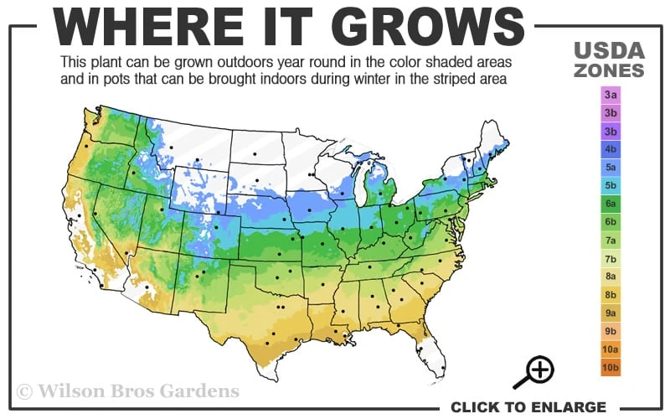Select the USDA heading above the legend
pyautogui.click(x=609, y=50)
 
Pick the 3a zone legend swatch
pyautogui.click(x=609, y=95)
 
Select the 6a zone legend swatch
pyautogui.click(x=609, y=204)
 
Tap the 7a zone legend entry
pyautogui.click(x=609, y=240)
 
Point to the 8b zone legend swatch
pyautogui.click(x=609, y=294)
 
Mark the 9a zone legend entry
pyautogui.click(x=609, y=313)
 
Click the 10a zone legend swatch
pyautogui.click(x=609, y=349)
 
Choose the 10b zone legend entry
pyautogui.click(x=609, y=367)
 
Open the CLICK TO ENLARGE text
pyautogui.click(x=528, y=407)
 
